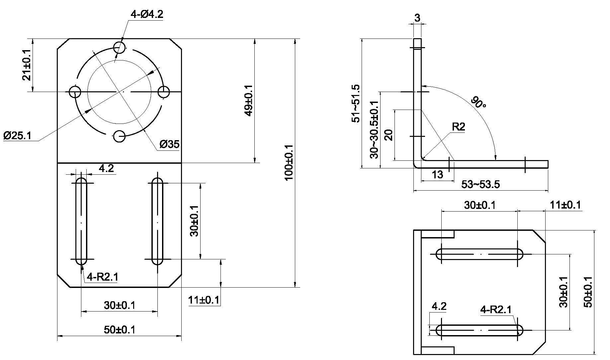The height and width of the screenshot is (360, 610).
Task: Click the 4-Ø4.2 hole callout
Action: (147, 14)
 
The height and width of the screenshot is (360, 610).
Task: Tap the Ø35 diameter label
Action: (169, 144)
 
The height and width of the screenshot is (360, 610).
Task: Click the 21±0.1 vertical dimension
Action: (27, 65)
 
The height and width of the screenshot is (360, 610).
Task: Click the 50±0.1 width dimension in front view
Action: (120, 330)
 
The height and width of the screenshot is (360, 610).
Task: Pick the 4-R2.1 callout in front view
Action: (102, 277)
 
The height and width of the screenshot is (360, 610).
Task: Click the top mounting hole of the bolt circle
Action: (120, 47)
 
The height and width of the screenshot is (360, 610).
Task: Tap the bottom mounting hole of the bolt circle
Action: (120, 136)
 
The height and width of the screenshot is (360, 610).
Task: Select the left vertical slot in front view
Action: (81, 221)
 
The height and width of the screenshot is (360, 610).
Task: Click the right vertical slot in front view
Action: (157, 221)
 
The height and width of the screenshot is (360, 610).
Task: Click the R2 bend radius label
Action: (458, 127)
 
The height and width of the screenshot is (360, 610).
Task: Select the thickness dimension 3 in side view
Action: (417, 18)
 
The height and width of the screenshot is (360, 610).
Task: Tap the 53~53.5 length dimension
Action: (480, 184)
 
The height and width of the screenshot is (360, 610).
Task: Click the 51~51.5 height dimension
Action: (355, 103)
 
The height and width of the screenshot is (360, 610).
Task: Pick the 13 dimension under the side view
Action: (438, 174)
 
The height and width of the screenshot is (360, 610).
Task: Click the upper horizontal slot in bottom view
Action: (479, 254)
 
